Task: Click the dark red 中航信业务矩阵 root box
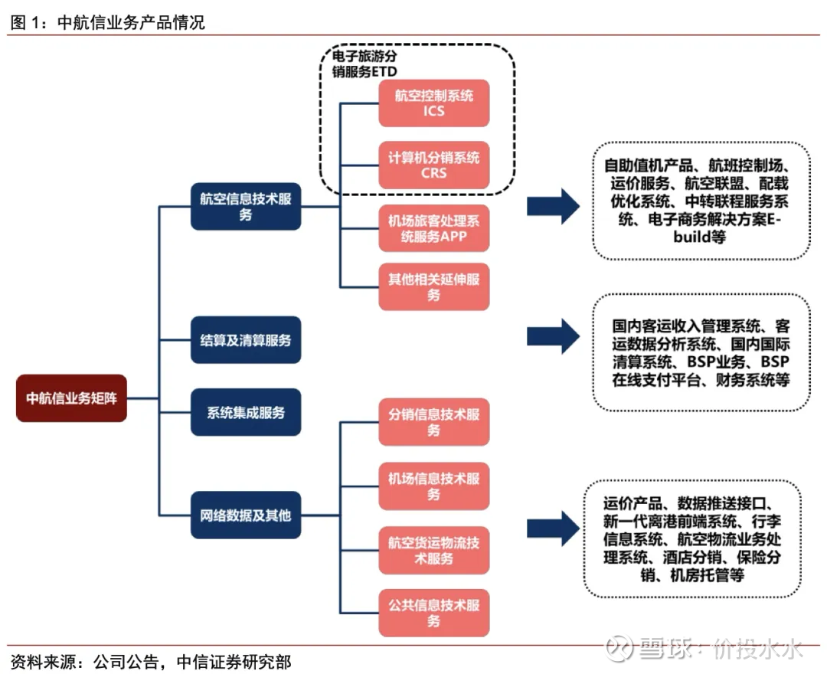point(71,398)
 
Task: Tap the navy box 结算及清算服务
point(246,339)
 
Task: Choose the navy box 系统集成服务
point(246,412)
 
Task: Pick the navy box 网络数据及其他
point(246,515)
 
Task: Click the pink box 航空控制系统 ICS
point(434,103)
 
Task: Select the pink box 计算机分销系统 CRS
point(434,165)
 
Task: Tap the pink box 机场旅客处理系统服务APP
point(434,228)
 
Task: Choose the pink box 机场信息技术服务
point(434,486)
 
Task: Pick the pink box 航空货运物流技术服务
point(434,551)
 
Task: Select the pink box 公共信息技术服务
point(434,613)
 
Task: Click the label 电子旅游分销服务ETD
point(364,64)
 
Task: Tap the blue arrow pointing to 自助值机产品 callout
point(554,205)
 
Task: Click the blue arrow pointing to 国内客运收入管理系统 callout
point(554,335)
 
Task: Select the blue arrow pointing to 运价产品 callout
point(554,528)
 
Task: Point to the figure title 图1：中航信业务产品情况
point(107,23)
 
